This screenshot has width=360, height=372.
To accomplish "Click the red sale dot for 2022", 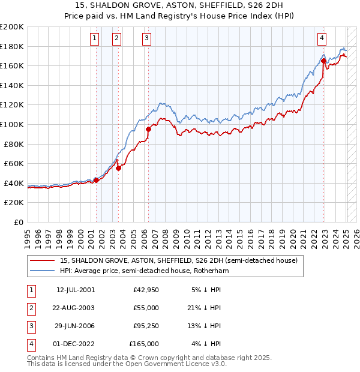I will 323,61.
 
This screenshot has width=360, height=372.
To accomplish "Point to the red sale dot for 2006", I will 148,129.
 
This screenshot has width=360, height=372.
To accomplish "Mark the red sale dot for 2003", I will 119,169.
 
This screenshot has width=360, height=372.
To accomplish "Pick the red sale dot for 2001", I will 96,180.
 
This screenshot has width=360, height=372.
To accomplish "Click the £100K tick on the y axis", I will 12,124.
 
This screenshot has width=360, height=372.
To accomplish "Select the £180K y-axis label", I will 12,46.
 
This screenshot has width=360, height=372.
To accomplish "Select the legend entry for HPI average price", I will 144,271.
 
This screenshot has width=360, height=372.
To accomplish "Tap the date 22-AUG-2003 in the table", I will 75,308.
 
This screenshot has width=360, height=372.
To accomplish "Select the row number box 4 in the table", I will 29,344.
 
